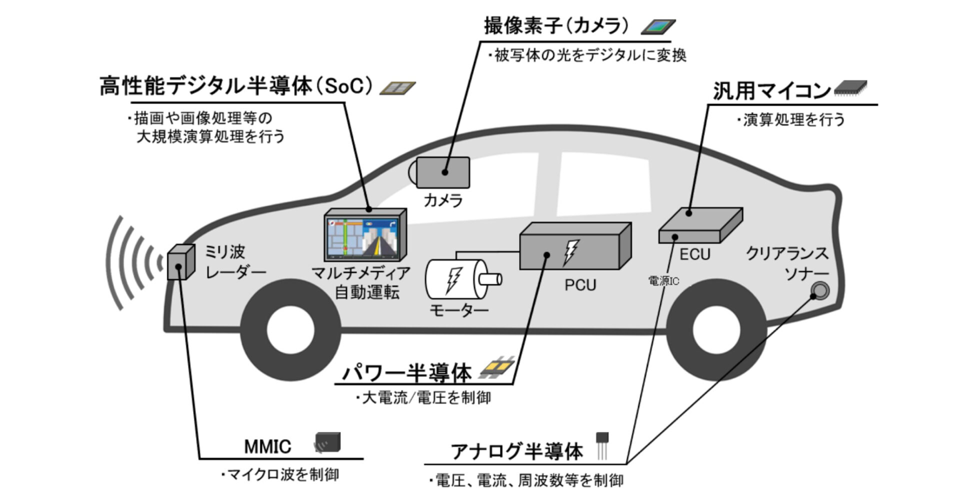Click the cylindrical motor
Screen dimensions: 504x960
[x=457, y=278]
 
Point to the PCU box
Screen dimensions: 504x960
[x=575, y=246]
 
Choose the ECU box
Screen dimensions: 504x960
[x=700, y=225]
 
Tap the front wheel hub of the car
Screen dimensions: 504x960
[x=290, y=330]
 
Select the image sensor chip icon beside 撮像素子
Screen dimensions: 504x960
[x=658, y=27]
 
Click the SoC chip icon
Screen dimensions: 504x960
[x=397, y=88]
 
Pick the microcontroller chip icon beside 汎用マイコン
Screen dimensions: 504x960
[x=850, y=88]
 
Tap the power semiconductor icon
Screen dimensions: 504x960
[x=496, y=368]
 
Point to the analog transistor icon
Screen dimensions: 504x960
[x=602, y=444]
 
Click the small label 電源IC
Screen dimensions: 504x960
[x=663, y=281]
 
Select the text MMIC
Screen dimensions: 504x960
[x=267, y=446]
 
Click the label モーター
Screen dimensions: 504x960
[x=459, y=310]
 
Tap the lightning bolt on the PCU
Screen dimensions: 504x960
[x=570, y=252]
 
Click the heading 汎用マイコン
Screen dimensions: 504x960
[x=771, y=90]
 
